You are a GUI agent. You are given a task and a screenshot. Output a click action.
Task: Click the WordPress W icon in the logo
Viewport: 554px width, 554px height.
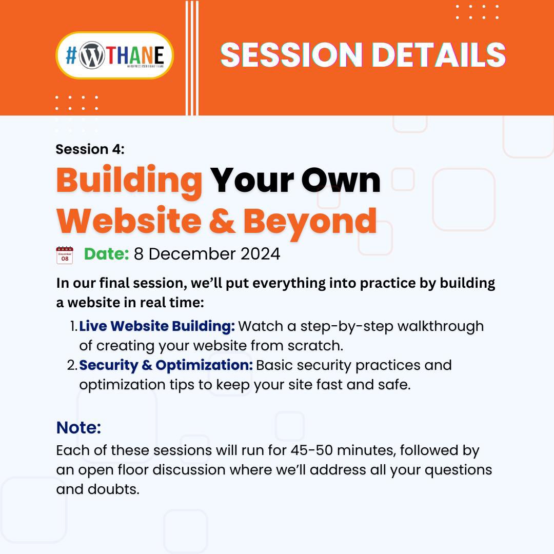[x=91, y=55]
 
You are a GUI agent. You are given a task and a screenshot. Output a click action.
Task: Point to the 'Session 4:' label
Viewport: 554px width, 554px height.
[x=90, y=149]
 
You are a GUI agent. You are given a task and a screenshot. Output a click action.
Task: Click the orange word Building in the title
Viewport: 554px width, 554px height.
[x=129, y=181]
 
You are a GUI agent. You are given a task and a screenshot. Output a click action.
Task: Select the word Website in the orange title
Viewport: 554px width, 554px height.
[x=129, y=221]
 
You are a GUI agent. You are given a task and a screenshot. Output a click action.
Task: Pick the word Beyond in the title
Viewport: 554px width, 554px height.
[x=310, y=221]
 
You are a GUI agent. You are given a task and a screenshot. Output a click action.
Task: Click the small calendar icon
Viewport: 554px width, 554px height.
[x=65, y=255]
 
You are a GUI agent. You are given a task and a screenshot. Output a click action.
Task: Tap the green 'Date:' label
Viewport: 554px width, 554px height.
[x=106, y=254]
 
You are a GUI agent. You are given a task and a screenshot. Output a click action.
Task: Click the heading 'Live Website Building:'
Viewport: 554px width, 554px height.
[x=157, y=326]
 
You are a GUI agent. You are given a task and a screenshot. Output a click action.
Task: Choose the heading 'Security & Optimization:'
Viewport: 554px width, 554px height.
[x=166, y=366]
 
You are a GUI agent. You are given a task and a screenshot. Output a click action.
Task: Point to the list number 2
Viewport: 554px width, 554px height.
[x=71, y=366]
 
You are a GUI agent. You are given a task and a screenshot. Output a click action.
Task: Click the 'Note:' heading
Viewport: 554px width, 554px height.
[x=78, y=427]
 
